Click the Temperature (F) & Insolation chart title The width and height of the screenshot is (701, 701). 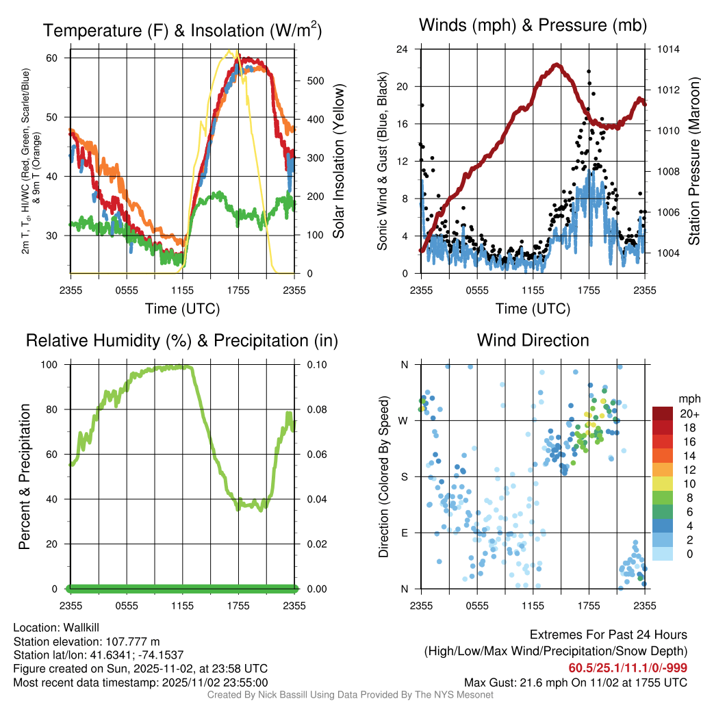[182, 30]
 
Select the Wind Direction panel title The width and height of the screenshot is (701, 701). [533, 340]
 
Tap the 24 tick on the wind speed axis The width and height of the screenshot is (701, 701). [403, 49]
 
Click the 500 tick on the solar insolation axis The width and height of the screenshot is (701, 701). [315, 80]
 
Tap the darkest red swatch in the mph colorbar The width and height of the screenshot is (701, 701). [663, 413]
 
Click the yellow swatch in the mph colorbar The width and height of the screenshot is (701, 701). [663, 483]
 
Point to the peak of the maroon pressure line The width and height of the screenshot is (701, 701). [557, 65]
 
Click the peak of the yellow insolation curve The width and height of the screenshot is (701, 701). [233, 51]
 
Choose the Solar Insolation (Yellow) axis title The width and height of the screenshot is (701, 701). [337, 162]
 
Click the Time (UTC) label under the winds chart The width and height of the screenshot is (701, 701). [533, 309]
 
